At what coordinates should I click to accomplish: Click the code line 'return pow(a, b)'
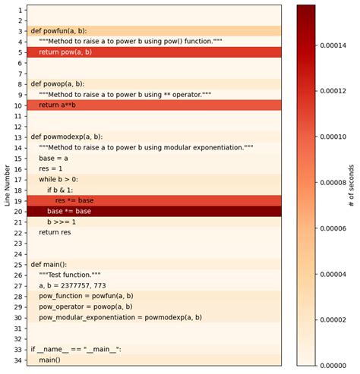tap(65, 52)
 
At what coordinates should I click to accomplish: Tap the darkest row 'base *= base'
tap(69, 211)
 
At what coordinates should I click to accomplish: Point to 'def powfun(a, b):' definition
tap(58, 31)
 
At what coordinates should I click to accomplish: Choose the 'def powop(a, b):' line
tap(57, 83)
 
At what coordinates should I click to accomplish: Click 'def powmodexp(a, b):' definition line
tap(66, 137)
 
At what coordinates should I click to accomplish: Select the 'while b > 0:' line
tap(58, 179)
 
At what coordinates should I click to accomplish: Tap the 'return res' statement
tap(55, 232)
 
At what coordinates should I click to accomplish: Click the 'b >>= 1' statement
tap(62, 222)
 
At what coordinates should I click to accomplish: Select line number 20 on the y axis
tap(18, 211)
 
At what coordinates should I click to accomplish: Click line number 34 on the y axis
tap(18, 360)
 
